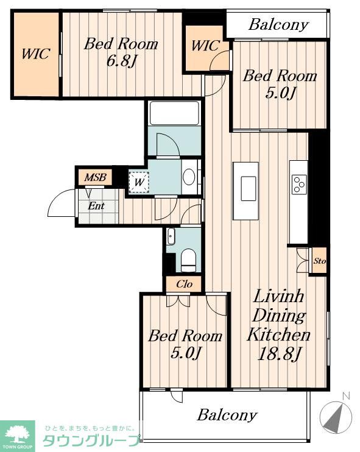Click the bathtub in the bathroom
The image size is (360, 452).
[174, 113]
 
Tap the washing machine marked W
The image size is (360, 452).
[139, 182]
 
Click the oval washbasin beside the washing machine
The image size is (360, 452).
[189, 177]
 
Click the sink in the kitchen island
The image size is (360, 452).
[249, 188]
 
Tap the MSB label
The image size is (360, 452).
[96, 177]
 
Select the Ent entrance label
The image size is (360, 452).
[96, 206]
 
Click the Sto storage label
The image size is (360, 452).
[320, 261]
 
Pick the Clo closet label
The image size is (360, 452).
[184, 284]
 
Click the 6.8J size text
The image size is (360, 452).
[121, 61]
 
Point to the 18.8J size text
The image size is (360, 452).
[279, 354]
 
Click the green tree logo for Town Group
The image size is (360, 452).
[17, 436]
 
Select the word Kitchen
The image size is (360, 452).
[279, 334]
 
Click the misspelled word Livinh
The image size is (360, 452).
[278, 296]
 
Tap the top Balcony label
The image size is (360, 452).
[278, 24]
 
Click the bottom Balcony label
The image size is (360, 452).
[227, 415]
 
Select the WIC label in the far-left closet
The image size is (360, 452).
[36, 54]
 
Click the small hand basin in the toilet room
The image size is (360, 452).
[171, 236]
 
